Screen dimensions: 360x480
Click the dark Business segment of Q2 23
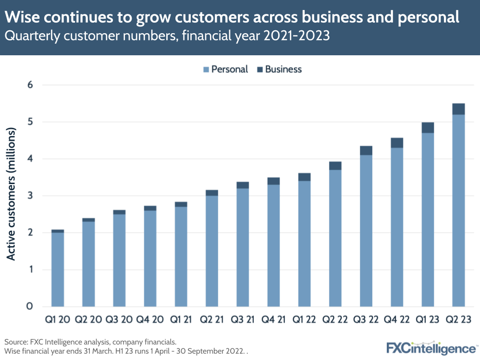coord(458,109)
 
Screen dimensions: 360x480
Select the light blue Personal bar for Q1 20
coord(58,269)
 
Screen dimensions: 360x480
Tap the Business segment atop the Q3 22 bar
coord(366,150)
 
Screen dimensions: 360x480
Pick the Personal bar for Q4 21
coord(273,245)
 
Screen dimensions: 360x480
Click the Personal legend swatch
coord(206,70)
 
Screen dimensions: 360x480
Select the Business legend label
coord(283,69)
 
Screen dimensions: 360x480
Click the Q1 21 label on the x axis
coord(181,320)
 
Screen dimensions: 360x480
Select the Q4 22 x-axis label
coord(397,320)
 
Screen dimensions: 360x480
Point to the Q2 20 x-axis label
coord(88,320)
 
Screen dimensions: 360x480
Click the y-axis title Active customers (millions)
coord(12,195)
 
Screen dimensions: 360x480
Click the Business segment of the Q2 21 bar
coord(212,193)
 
